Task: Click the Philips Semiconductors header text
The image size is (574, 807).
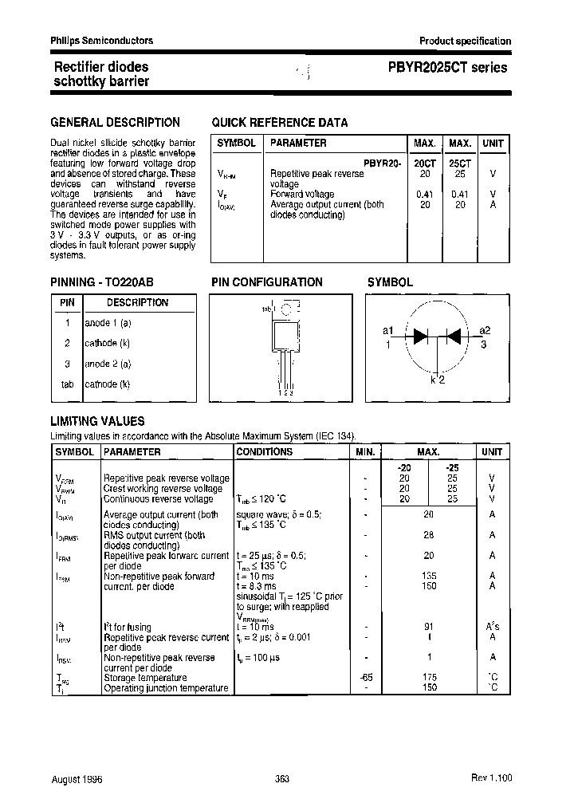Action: (x=101, y=41)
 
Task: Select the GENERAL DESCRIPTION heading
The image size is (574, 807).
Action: (x=115, y=123)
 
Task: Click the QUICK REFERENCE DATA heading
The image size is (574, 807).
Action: (x=279, y=123)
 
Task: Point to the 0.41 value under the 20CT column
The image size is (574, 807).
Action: (x=425, y=194)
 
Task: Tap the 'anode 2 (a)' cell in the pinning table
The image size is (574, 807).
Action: (x=108, y=364)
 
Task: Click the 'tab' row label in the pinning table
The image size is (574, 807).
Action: (x=67, y=384)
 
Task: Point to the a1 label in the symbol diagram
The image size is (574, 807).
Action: (x=388, y=331)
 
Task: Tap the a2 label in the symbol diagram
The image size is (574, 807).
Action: (x=485, y=331)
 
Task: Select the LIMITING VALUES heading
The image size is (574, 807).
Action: (x=97, y=421)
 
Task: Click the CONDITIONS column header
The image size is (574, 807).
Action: (x=265, y=452)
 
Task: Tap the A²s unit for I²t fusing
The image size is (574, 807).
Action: (x=493, y=627)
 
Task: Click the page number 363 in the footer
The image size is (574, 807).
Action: (x=281, y=779)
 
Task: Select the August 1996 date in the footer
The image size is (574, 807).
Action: (x=76, y=779)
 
